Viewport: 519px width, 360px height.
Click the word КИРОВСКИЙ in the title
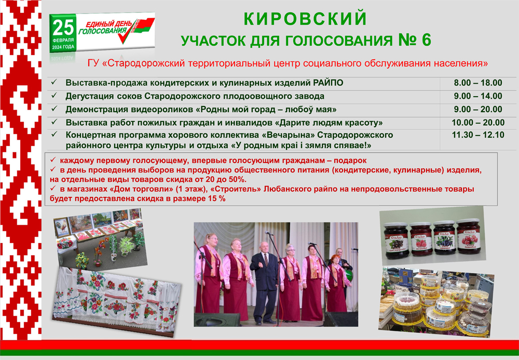click(x=305, y=19)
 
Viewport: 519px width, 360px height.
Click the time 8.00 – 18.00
click(x=478, y=83)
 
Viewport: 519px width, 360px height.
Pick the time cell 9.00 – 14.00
click(x=478, y=96)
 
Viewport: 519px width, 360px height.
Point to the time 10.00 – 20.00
click(x=478, y=123)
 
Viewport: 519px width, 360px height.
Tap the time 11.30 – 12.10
click(x=478, y=135)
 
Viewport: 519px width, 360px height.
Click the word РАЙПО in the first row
click(x=328, y=83)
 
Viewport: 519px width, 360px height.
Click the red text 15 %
click(x=217, y=199)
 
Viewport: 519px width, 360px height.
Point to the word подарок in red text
click(x=350, y=161)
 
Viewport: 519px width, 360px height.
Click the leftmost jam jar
click(x=395, y=241)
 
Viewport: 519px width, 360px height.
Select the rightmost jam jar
click(x=468, y=236)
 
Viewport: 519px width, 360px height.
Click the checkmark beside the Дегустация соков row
click(x=54, y=96)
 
